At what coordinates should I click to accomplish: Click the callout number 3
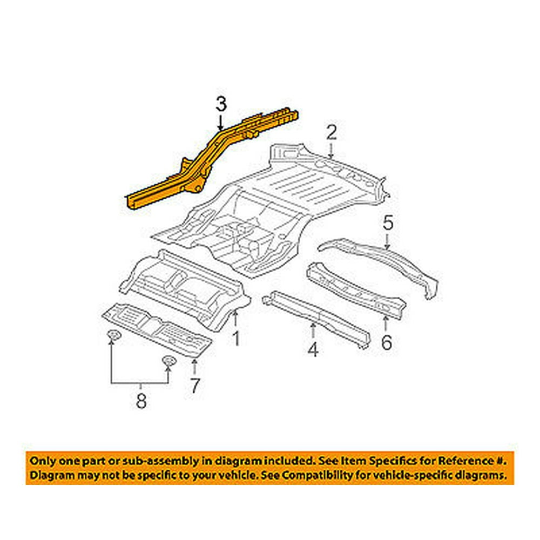tap(220, 104)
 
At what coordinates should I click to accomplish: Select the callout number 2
tap(331, 132)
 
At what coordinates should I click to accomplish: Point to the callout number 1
tap(235, 339)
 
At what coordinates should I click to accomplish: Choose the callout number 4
tap(313, 350)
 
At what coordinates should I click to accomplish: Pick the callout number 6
tap(386, 342)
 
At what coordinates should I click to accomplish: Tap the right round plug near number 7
tap(168, 362)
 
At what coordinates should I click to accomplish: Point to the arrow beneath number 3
tap(220, 123)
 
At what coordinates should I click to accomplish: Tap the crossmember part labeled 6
tap(356, 289)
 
